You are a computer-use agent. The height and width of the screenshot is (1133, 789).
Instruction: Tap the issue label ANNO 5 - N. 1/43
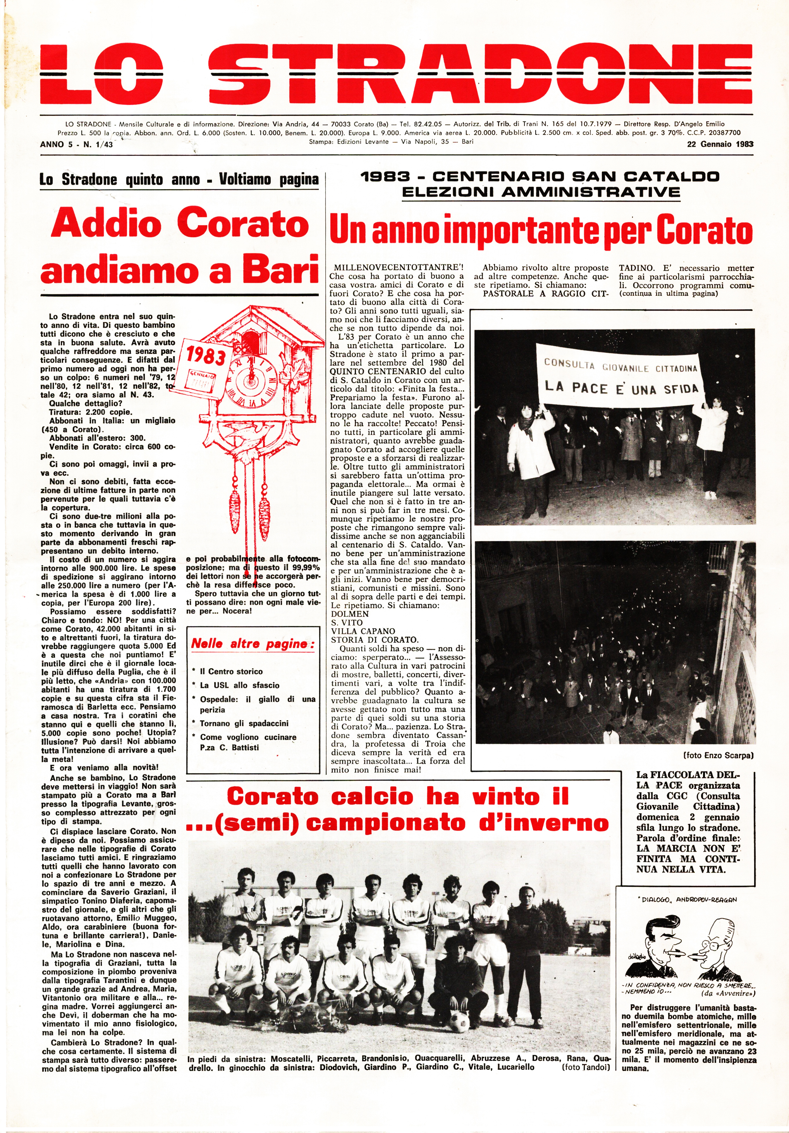pyautogui.click(x=76, y=145)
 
